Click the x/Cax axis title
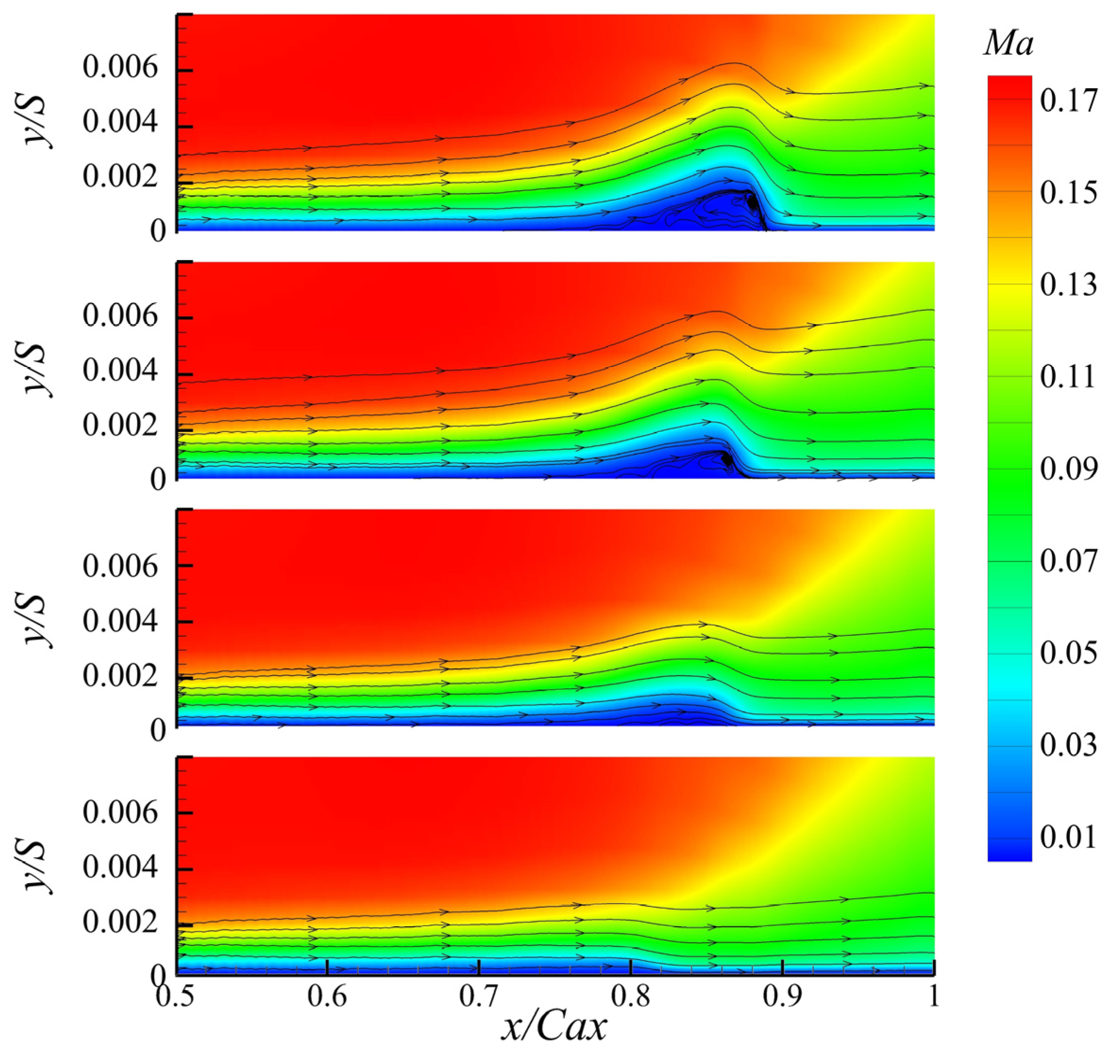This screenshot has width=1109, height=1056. pos(554,1027)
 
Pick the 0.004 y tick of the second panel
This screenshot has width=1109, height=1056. pos(120,372)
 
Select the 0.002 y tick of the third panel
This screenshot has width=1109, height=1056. pos(120,676)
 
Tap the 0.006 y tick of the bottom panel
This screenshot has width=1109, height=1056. pos(120,812)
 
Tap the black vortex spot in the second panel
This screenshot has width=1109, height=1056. pos(727,458)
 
